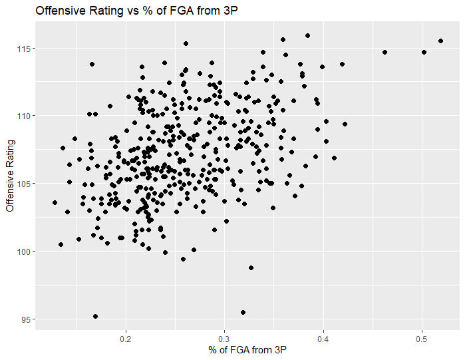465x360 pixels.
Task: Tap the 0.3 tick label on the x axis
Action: coord(225,337)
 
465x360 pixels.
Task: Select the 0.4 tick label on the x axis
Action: coord(323,337)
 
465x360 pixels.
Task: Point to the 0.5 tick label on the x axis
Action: coord(422,337)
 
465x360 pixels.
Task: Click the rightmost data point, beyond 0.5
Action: coord(440,41)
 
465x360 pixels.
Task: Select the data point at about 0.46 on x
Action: coord(385,52)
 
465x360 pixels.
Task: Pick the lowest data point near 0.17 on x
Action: coord(95,317)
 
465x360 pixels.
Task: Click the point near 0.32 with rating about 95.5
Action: coord(243,312)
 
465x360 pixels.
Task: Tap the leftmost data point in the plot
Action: coord(55,202)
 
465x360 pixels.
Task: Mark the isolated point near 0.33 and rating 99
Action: coord(251,268)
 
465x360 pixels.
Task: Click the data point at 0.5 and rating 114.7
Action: coord(424,52)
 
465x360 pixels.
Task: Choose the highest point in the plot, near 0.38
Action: coord(307,36)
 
